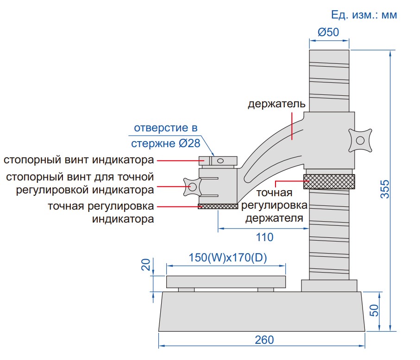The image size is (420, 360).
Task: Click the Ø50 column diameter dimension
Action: (x=328, y=32)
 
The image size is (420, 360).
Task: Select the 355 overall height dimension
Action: (x=385, y=189)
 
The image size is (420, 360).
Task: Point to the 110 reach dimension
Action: (x=264, y=237)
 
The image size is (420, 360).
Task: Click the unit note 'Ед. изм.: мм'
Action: (x=364, y=14)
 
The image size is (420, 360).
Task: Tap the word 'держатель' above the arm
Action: (x=276, y=104)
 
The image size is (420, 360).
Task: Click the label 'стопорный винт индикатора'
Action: (x=79, y=161)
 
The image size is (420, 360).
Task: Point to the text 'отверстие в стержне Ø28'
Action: (x=165, y=136)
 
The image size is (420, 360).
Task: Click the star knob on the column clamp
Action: (x=361, y=140)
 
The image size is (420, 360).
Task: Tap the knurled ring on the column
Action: (x=329, y=181)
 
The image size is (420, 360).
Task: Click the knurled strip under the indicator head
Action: (x=218, y=206)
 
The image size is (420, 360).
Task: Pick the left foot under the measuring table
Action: (x=186, y=290)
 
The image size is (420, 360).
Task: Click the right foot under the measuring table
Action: (x=266, y=290)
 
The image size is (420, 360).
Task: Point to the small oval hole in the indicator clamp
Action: (x=220, y=161)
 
